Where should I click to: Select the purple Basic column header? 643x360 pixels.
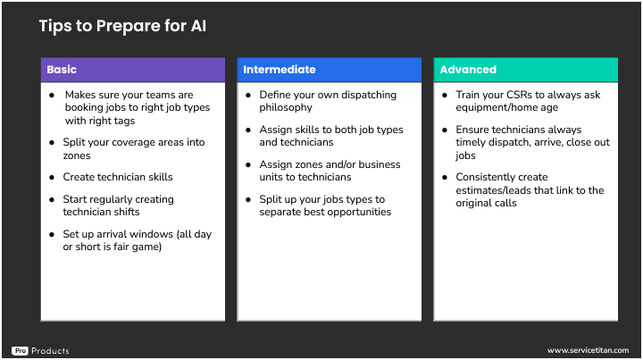tap(132, 70)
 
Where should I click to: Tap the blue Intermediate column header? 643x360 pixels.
tap(329, 70)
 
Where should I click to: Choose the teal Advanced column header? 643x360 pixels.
tap(525, 70)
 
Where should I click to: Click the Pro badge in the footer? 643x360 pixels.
tap(20, 351)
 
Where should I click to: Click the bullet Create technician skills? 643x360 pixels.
tap(118, 177)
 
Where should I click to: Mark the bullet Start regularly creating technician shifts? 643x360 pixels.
tap(118, 205)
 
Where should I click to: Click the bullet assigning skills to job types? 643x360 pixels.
tap(330, 136)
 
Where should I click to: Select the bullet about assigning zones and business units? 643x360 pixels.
tap(330, 171)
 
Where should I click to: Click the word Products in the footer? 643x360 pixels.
tap(50, 351)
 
